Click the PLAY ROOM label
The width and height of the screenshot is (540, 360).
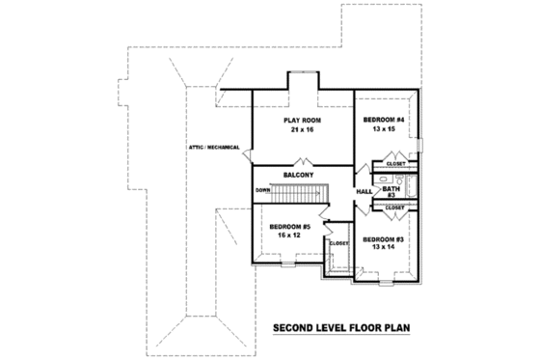pos(302,120)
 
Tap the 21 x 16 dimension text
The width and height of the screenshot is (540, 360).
pos(302,129)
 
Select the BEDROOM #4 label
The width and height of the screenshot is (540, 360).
pos(383,120)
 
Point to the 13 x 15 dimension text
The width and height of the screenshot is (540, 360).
pos(383,129)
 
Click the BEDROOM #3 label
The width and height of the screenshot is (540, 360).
pos(383,238)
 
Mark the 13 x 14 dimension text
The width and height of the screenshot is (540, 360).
pos(383,248)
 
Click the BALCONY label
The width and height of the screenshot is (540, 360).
pos(298,175)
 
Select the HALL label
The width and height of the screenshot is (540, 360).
pos(364,192)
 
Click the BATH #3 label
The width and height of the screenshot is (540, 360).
pos(391,192)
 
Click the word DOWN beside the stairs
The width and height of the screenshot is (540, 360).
pos(262,190)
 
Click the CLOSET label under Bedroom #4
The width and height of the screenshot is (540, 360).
pos(395,164)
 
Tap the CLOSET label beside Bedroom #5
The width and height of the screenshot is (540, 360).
pos(337,243)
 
